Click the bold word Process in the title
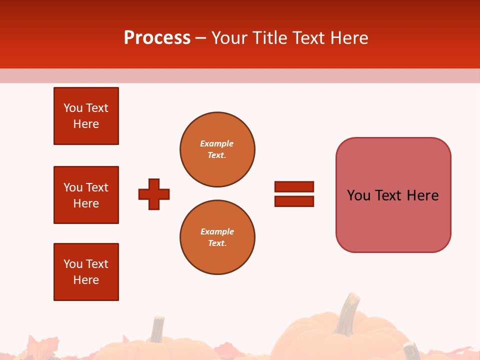pyautogui.click(x=157, y=38)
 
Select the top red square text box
pyautogui.click(x=86, y=116)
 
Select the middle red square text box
pyautogui.click(x=86, y=195)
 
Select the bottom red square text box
pyautogui.click(x=86, y=272)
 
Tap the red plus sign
pyautogui.click(x=154, y=194)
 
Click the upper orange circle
pyautogui.click(x=217, y=149)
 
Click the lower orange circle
pyautogui.click(x=217, y=237)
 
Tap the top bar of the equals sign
pyautogui.click(x=294, y=186)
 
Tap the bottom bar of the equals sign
pyautogui.click(x=294, y=201)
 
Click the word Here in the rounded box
pyautogui.click(x=422, y=195)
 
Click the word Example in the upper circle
pyautogui.click(x=216, y=143)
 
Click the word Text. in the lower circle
pyautogui.click(x=217, y=243)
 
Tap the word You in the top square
pyautogui.click(x=73, y=108)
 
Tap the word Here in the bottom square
pyautogui.click(x=86, y=280)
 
